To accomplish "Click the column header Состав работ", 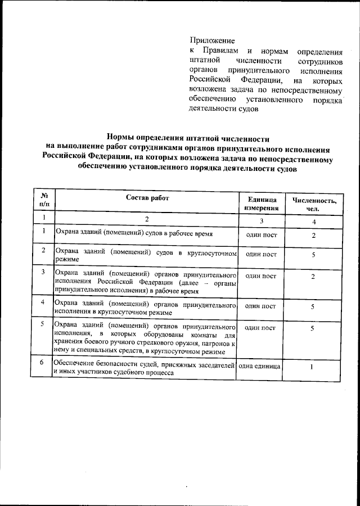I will (147, 198).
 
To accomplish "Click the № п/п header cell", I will (44, 200).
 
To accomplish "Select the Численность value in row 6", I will (312, 368).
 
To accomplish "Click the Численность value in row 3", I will (313, 277).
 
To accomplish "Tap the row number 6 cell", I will (43, 363).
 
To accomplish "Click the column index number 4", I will (314, 222).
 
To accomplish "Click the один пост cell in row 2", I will (261, 254).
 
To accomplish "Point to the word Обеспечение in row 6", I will (76, 366).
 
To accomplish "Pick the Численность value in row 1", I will (313, 235).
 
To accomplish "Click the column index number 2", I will (147, 219).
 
